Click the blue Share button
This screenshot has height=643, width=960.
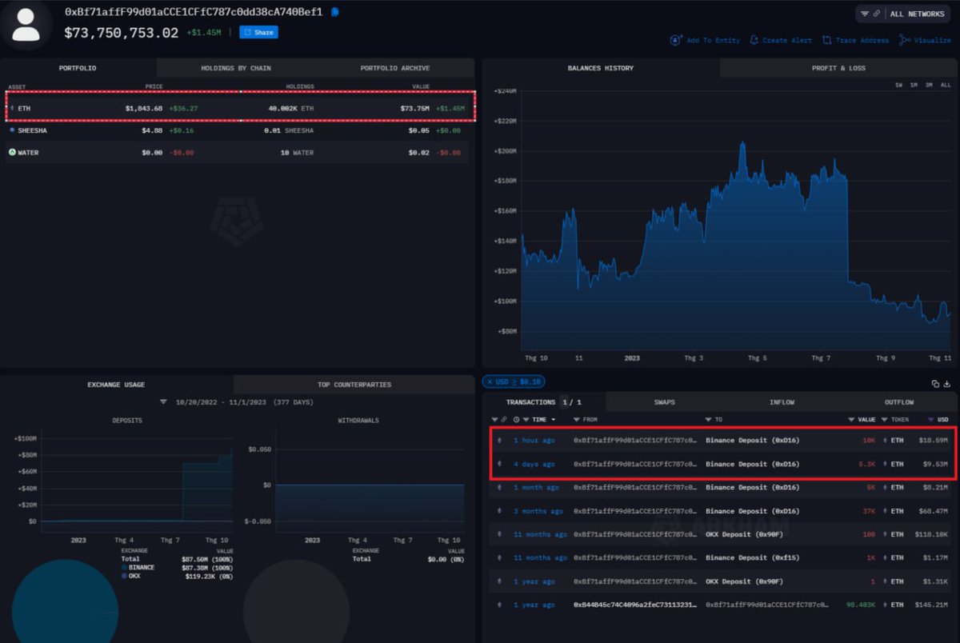click(258, 33)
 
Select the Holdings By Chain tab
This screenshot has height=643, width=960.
click(235, 69)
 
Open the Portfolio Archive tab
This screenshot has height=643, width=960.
click(394, 69)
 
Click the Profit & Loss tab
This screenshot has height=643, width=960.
click(838, 69)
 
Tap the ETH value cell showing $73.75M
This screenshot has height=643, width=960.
click(414, 108)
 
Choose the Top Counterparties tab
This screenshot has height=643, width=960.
click(354, 385)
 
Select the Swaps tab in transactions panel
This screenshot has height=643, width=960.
click(665, 402)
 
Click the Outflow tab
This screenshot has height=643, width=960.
click(898, 402)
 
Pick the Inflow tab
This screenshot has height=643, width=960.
click(782, 402)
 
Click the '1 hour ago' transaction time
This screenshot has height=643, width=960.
click(534, 441)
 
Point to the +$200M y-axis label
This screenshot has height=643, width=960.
click(506, 151)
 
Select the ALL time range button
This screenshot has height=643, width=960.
click(945, 85)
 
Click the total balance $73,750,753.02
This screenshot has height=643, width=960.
click(121, 33)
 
